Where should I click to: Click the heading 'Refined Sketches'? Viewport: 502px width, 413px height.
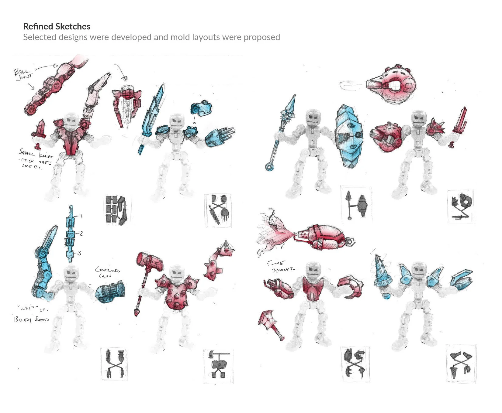click(57, 27)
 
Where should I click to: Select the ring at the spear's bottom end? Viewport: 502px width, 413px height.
click(269, 167)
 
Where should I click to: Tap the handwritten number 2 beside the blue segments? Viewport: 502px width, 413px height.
click(81, 234)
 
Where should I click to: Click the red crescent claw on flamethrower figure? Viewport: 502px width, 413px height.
click(351, 286)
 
